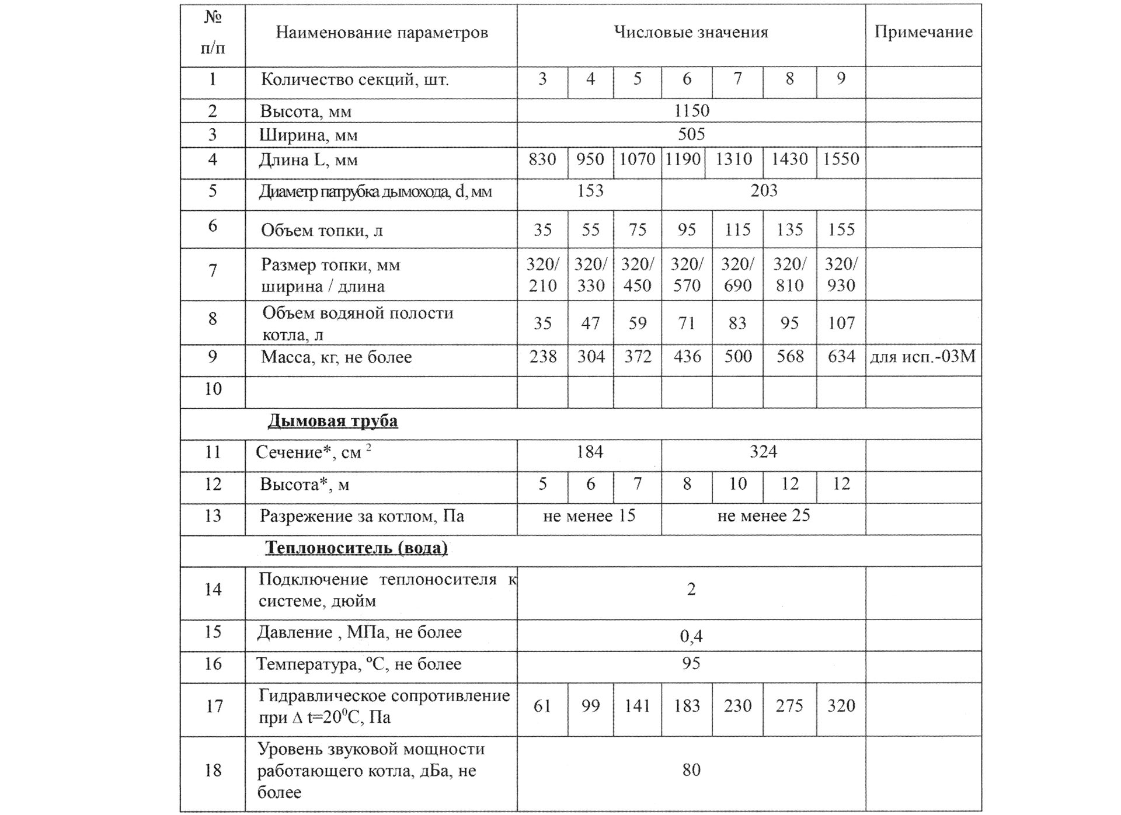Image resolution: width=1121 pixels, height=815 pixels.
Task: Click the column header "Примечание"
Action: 923,32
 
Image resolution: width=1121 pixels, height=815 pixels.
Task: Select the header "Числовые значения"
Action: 691,32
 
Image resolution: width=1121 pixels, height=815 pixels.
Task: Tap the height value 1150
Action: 691,110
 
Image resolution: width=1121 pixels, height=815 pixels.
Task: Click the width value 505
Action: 691,135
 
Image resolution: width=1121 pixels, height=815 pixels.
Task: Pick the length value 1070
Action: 637,159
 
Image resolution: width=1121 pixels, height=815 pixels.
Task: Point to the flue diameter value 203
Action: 764,191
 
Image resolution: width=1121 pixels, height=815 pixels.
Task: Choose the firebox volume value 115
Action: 737,229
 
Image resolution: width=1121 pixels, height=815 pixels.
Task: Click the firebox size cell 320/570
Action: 687,275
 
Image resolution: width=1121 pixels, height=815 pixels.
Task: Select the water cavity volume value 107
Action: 841,323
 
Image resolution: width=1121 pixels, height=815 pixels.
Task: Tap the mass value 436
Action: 687,356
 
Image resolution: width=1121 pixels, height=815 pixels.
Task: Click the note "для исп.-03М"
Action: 923,356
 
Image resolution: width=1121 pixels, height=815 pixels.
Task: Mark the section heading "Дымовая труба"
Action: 333,421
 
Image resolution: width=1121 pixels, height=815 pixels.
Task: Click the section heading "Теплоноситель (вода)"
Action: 357,548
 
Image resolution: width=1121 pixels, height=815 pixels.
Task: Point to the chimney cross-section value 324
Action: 764,452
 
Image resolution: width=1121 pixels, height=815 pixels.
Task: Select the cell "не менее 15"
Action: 589,516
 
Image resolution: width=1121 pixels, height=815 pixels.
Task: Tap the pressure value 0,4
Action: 691,636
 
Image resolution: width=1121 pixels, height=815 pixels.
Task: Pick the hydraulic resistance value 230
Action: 737,706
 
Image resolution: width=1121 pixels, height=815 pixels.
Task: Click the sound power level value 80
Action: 691,770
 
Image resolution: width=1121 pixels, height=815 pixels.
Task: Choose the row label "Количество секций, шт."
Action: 354,79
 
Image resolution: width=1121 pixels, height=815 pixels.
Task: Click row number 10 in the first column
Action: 213,389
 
